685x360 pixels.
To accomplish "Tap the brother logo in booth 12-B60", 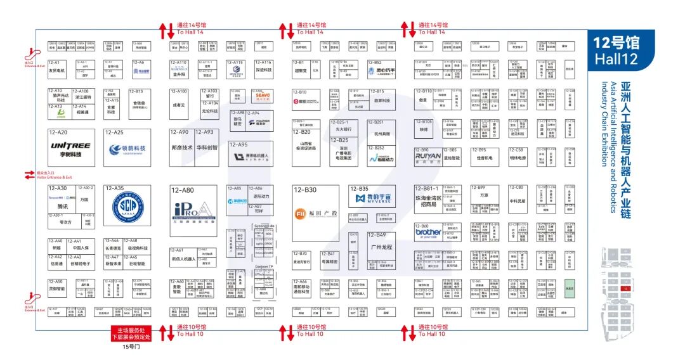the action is click(428, 232).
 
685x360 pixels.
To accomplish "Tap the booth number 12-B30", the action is click(304, 190).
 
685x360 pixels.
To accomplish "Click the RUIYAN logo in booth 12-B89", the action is click(428, 153).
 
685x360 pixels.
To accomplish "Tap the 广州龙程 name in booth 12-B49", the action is click(381, 247).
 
